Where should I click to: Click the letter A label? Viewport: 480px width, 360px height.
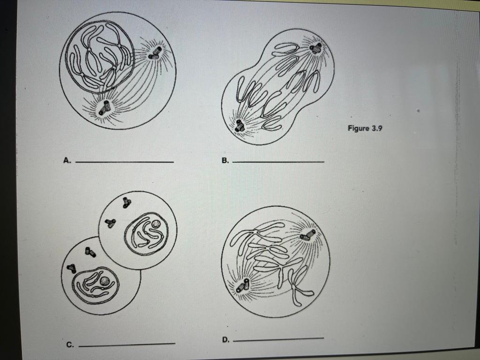point(67,160)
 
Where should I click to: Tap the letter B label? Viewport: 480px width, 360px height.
point(225,160)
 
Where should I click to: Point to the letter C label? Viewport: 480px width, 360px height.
point(70,345)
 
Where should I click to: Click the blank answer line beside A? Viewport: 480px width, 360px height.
point(124,162)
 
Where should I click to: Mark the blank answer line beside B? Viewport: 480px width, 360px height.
point(278,162)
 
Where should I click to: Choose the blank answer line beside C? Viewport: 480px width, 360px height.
point(127,345)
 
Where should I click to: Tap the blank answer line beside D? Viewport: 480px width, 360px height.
point(278,338)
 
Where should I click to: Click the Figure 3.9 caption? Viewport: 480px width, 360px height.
point(365,128)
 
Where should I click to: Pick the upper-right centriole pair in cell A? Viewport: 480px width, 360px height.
point(155,53)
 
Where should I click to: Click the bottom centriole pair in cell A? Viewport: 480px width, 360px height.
point(104,108)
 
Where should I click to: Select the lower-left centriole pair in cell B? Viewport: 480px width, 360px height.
point(240,125)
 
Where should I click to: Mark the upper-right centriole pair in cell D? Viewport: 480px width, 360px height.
point(308,234)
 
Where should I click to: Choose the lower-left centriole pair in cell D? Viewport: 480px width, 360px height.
point(244,285)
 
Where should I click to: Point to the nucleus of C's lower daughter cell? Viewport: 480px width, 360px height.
point(96,285)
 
